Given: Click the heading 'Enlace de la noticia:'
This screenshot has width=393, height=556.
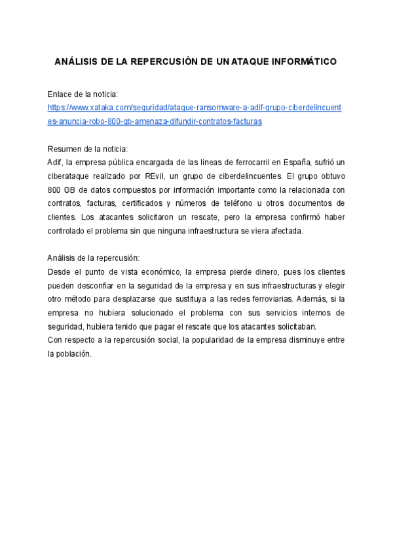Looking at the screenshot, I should click(83, 95).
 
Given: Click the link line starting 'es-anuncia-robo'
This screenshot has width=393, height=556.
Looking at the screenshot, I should click(155, 121).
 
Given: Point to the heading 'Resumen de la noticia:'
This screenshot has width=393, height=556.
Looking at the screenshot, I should click(88, 149).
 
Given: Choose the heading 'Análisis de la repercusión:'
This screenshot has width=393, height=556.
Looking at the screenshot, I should click(94, 258).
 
